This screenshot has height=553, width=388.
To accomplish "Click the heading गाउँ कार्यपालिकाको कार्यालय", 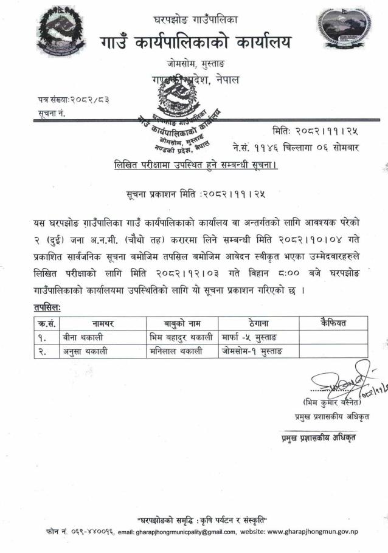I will (196, 43).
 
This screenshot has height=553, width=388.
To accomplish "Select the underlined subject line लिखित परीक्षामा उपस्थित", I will (196, 165).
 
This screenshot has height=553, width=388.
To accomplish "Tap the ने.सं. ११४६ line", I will (297, 146).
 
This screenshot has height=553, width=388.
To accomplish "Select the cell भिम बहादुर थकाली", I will (181, 337).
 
